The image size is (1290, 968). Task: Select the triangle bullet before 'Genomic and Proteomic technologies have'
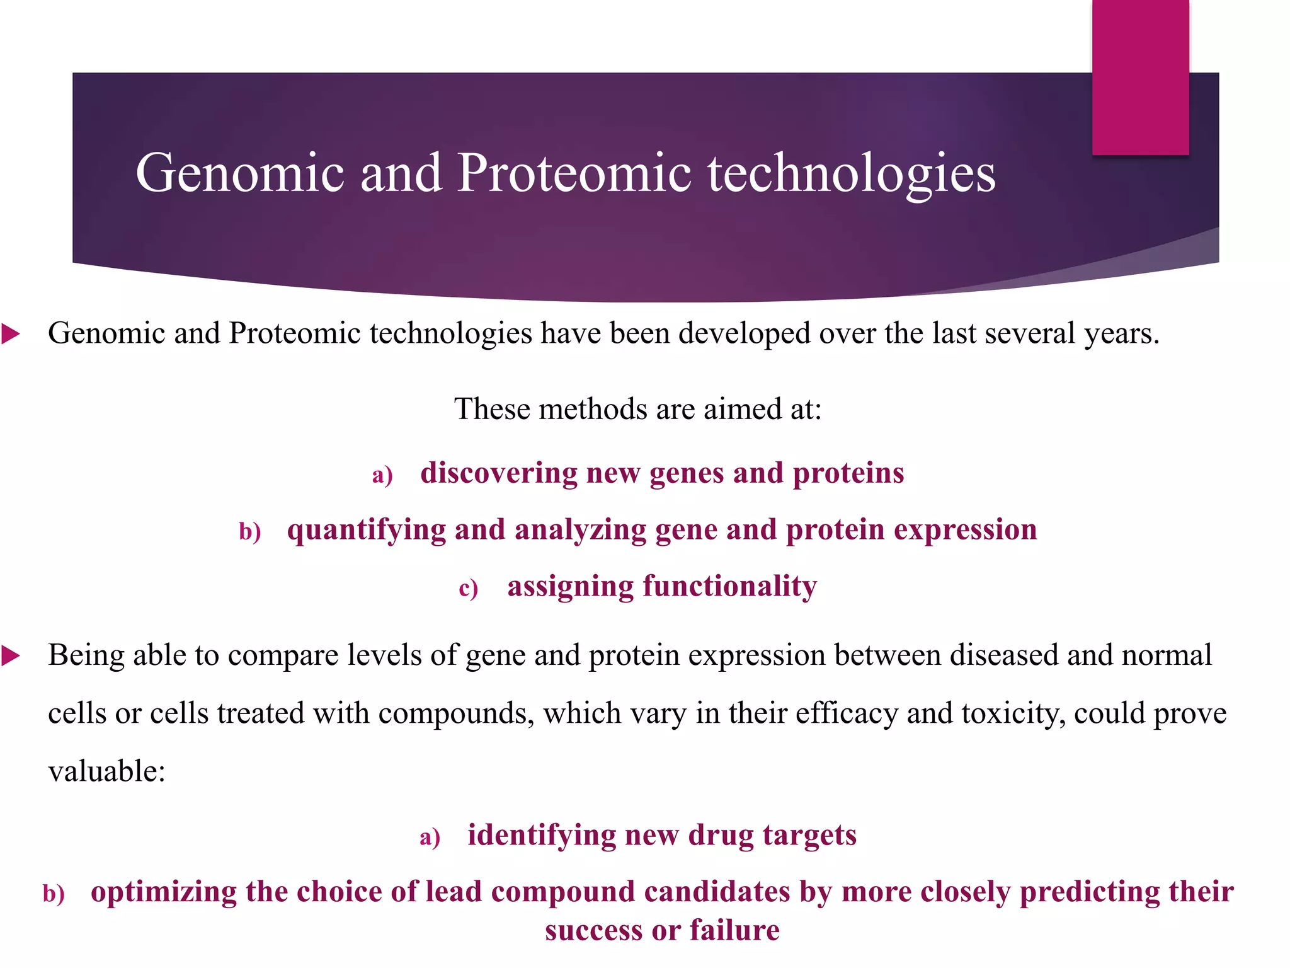tap(11, 333)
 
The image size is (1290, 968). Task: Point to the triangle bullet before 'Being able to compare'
tap(11, 656)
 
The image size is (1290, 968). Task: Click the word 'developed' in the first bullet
tap(744, 333)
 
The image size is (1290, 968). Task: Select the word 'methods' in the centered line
tap(593, 409)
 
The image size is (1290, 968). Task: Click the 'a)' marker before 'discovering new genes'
tap(382, 475)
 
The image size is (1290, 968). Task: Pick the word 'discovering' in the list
tap(498, 473)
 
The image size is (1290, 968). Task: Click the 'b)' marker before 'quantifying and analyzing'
tap(250, 531)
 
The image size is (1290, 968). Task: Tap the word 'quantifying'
tap(366, 530)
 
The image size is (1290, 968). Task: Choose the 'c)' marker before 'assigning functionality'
tap(468, 588)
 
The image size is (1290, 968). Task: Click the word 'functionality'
tap(729, 586)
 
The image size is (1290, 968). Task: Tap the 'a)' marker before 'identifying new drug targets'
tap(430, 837)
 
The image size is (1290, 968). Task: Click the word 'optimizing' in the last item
tap(163, 892)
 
